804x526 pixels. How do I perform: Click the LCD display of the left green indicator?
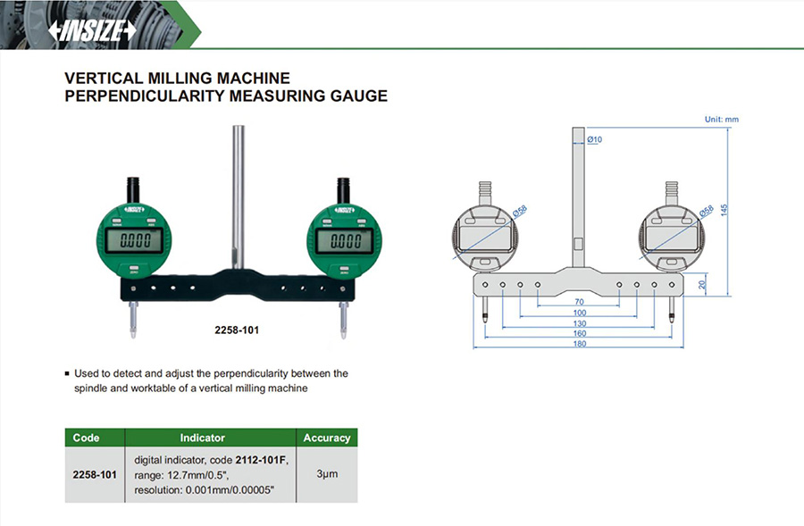(x=135, y=240)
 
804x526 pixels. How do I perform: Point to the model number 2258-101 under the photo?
(x=239, y=330)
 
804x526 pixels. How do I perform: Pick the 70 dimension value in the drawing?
(x=579, y=302)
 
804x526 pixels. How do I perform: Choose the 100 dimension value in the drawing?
(x=579, y=313)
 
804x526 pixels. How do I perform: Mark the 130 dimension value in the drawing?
(x=579, y=323)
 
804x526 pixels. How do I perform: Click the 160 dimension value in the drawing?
(x=579, y=333)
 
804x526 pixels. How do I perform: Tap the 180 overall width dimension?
(x=579, y=344)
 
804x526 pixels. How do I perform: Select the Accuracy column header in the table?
(x=326, y=438)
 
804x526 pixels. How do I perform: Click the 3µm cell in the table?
(x=326, y=473)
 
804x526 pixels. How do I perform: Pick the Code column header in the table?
(x=86, y=438)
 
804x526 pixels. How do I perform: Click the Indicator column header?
(x=202, y=438)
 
